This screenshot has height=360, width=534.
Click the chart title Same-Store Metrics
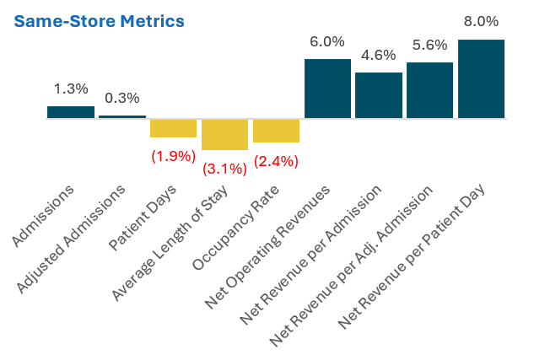coord(99,20)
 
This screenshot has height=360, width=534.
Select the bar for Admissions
coord(71,112)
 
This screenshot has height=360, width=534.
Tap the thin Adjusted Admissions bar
coord(122,116)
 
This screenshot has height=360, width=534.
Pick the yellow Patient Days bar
coord(173,128)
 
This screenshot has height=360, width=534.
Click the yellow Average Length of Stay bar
coord(224,134)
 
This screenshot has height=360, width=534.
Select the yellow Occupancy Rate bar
coord(276,131)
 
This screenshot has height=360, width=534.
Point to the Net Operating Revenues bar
coord(327,89)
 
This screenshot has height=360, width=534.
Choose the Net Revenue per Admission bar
coord(379,95)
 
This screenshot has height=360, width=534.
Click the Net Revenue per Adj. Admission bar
coord(429,90)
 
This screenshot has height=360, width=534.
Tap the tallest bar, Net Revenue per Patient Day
coord(481,78)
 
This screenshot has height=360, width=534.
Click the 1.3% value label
coord(71,89)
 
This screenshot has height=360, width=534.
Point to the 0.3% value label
coord(122,98)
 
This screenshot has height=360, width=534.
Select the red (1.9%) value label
coord(173,156)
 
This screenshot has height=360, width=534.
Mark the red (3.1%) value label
coord(224,169)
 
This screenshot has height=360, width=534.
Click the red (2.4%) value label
coord(276,161)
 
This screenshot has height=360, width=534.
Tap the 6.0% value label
coord(327,41)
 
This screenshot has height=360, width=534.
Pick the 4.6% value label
coord(379,56)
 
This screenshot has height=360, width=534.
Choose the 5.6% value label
coord(429,45)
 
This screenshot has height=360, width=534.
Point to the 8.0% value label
coord(481,21)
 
